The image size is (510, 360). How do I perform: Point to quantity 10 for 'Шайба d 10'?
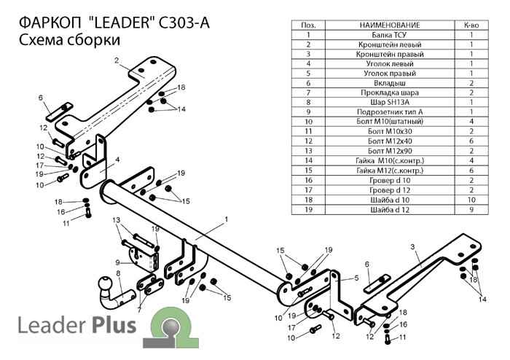click(471, 198)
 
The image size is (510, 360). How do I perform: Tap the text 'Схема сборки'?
click(66, 41)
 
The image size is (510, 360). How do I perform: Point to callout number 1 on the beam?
click(227, 219)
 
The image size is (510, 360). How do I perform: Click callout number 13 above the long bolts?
click(115, 219)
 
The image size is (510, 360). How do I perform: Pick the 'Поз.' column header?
click(309, 25)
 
